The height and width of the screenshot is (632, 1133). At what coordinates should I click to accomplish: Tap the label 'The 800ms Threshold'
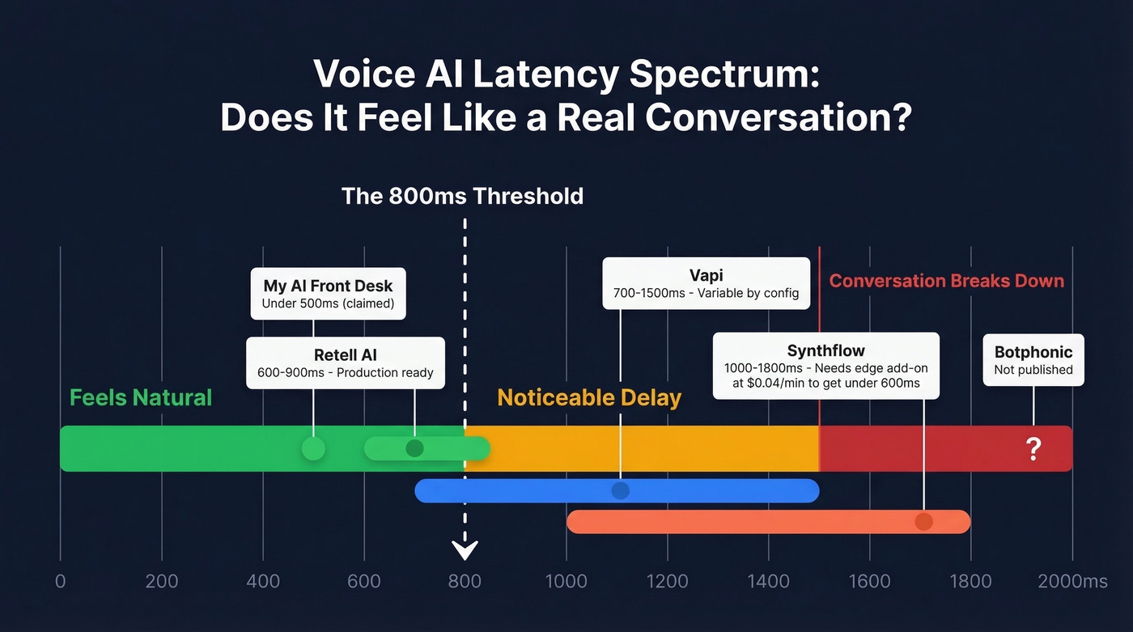tap(462, 196)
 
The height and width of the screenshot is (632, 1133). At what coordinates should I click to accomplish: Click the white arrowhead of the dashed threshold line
tap(465, 550)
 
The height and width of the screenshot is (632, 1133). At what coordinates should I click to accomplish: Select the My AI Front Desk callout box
tap(328, 294)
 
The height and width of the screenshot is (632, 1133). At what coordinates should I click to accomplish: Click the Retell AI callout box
tap(346, 363)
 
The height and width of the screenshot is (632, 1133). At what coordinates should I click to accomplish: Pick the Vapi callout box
tap(706, 282)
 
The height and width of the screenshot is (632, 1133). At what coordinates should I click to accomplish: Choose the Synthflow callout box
tap(825, 365)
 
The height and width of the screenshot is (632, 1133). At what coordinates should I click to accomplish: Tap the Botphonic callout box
tap(1033, 360)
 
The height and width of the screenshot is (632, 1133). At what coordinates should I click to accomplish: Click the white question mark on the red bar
tap(1033, 448)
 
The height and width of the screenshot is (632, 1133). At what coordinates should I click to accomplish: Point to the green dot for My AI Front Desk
tap(313, 448)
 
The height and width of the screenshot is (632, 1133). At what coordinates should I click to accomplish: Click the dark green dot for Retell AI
tap(414, 448)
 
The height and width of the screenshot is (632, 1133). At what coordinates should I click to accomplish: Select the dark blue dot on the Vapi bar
tap(621, 490)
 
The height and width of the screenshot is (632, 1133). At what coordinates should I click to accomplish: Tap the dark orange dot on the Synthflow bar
tap(923, 522)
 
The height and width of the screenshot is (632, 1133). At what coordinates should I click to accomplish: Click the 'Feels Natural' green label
tap(141, 397)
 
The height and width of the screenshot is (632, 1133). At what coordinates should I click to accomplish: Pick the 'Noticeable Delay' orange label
tap(589, 397)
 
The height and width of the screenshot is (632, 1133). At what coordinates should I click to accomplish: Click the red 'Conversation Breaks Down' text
tap(946, 281)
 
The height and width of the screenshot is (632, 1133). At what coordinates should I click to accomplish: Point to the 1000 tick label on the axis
tap(566, 581)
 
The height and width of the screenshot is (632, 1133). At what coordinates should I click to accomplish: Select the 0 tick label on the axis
tap(60, 581)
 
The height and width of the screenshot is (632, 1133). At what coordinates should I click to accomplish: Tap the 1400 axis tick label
tap(768, 581)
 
